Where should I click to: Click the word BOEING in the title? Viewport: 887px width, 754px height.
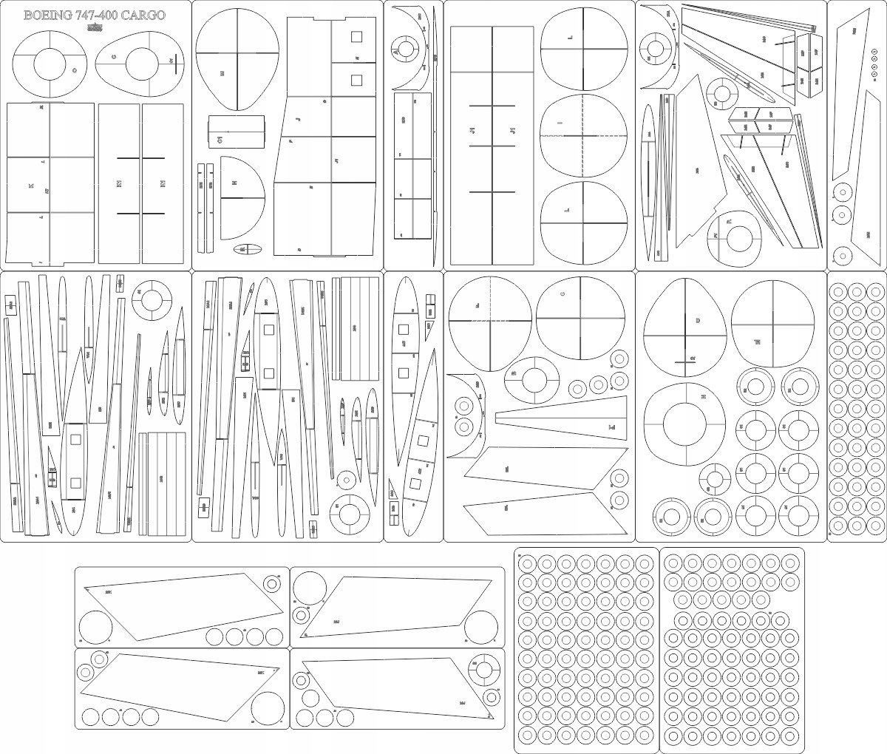coord(49,16)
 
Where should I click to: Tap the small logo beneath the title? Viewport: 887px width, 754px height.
coord(95,29)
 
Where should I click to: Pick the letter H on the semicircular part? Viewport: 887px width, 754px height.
coord(234,183)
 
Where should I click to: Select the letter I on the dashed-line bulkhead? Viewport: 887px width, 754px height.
coord(560,123)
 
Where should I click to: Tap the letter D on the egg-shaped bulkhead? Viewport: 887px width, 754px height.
coord(697,320)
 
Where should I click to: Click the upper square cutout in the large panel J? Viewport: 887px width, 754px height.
coord(356,36)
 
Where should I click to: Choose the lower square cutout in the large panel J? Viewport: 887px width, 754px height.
coord(356,80)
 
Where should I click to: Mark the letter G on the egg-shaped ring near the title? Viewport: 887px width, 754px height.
coord(114,57)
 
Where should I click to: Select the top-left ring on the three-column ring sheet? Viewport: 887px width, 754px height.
coord(838,291)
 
